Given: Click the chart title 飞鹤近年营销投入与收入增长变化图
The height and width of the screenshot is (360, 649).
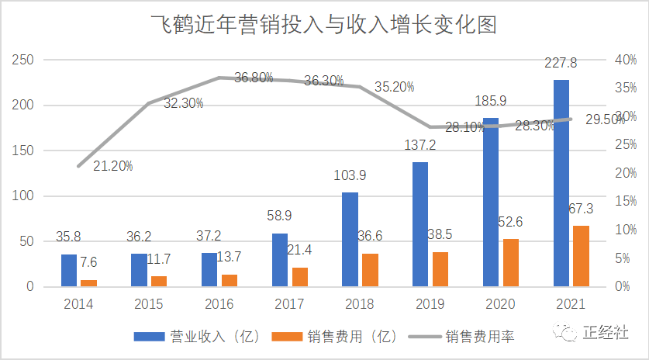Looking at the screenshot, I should pyautogui.click(x=323, y=25).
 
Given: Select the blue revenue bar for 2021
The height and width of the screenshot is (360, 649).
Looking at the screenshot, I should pyautogui.click(x=562, y=183).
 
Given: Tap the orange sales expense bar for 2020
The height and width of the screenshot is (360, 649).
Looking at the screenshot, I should pyautogui.click(x=512, y=262).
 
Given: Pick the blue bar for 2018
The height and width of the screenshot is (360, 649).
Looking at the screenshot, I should pyautogui.click(x=350, y=239).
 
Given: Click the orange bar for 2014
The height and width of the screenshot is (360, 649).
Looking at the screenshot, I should pyautogui.click(x=89, y=283).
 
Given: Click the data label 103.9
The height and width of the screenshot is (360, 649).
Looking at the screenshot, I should pyautogui.click(x=350, y=176).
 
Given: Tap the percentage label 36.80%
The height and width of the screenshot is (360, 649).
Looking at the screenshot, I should pyautogui.click(x=254, y=77).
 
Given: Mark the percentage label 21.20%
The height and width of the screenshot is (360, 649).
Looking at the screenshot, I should pyautogui.click(x=114, y=165).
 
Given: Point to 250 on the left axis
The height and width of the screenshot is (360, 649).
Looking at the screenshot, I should pyautogui.click(x=24, y=60).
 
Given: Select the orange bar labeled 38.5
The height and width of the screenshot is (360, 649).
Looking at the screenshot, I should pyautogui.click(x=440, y=269).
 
